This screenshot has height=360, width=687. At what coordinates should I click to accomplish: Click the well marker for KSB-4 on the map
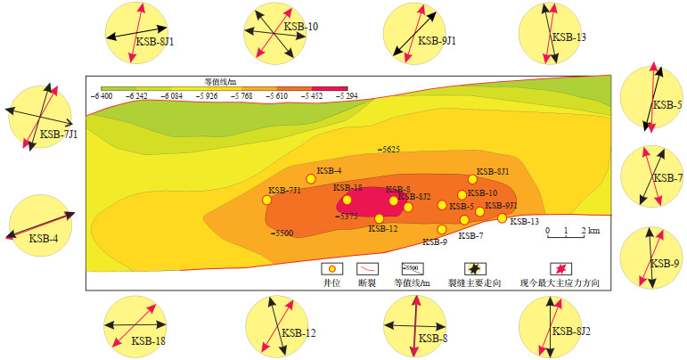[x=311, y=179]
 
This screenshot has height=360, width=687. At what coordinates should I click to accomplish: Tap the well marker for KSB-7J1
[x=266, y=200]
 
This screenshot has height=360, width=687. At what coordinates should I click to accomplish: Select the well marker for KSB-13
[x=502, y=217]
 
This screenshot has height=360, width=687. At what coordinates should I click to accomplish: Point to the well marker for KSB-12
[x=380, y=218]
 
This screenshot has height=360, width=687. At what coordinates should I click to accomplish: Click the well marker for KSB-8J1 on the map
[x=473, y=180]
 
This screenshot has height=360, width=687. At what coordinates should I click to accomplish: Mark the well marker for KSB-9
[x=441, y=229]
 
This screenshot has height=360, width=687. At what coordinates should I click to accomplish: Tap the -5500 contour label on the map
[x=282, y=233]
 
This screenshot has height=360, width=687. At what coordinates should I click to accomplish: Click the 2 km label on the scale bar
[x=591, y=231]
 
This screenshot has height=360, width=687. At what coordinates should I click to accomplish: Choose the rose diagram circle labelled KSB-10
[x=274, y=32]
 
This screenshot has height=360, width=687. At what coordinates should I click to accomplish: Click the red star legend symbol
[x=561, y=268]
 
